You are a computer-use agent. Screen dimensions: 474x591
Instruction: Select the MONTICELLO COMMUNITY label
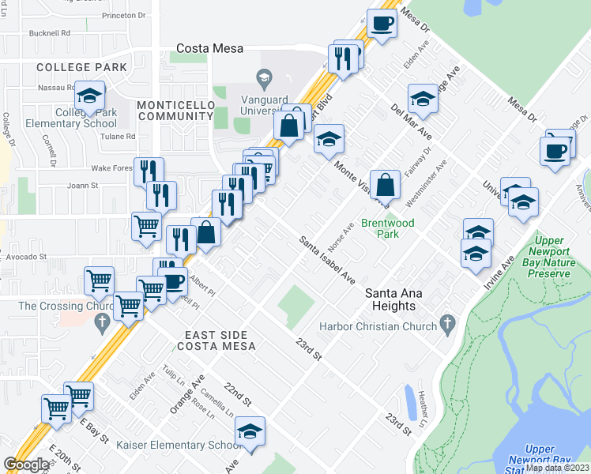(175, 111)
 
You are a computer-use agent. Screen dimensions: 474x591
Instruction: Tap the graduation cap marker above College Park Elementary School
(90, 96)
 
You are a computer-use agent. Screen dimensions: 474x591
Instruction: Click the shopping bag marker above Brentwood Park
(384, 186)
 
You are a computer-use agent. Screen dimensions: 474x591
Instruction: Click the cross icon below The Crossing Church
(100, 322)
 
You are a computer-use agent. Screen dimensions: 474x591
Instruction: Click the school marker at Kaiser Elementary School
(250, 431)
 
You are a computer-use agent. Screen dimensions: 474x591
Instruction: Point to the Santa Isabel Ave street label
(326, 259)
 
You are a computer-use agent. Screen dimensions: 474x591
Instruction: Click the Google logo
(26, 465)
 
